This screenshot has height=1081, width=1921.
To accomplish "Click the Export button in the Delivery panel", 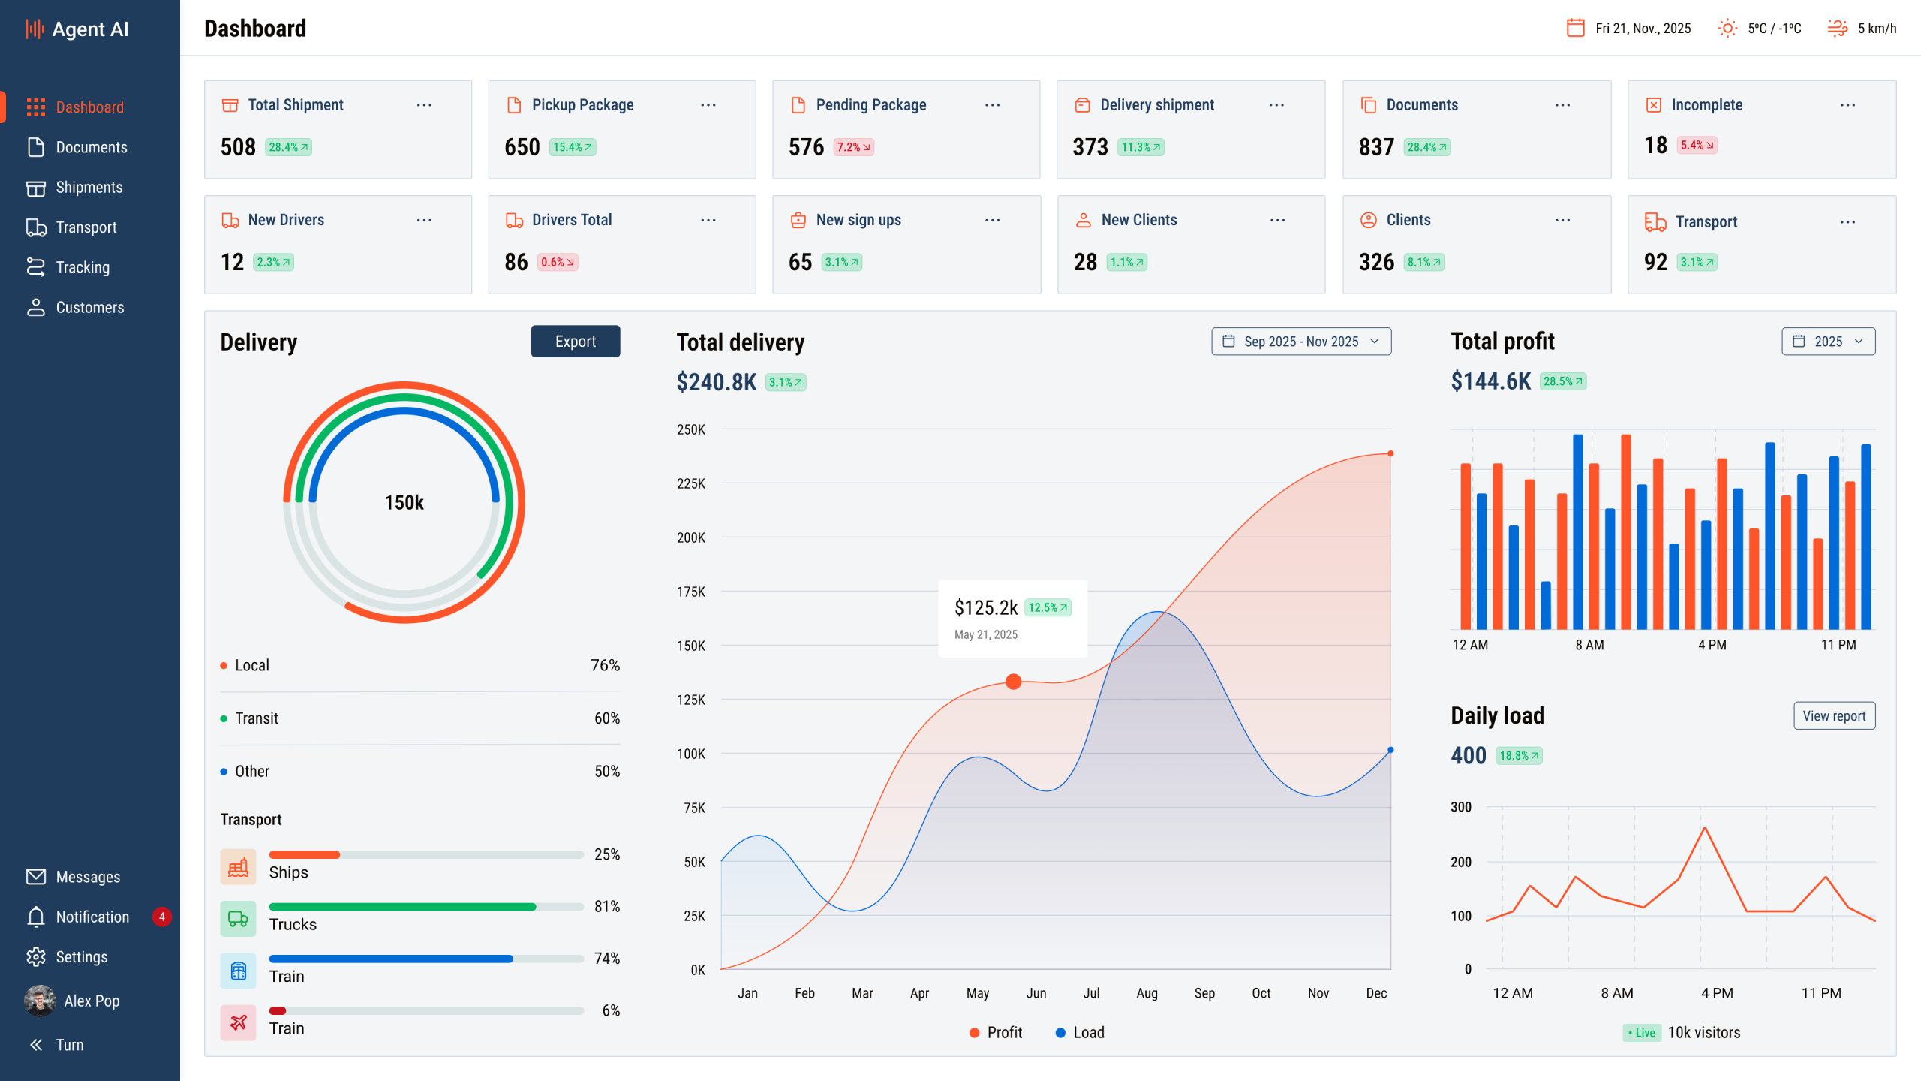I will pos(575,342).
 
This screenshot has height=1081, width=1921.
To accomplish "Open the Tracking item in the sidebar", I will pos(82,267).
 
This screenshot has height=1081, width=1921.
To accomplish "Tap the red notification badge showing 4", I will pos(161,917).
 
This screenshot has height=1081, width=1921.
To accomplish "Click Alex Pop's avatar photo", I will pos(40,1001).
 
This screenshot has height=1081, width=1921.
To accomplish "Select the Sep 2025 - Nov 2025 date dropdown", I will pos(1300,342).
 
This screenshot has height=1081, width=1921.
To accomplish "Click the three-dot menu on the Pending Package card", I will pos(992,105).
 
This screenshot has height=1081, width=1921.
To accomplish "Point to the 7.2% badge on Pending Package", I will pos(853,147).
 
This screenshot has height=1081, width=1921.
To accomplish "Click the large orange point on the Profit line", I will pos(1013,682).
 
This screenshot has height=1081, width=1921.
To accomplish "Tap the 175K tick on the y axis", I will pos(690,592).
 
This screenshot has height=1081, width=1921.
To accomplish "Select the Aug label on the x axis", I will pos(1147,993).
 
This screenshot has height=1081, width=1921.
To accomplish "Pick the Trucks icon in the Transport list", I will pos(238,919).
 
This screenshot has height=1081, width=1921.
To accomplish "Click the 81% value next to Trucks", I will pos(606,907).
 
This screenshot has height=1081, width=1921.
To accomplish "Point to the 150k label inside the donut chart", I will pos(404,503).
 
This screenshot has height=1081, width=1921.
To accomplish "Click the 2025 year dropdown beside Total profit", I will pos(1828,342).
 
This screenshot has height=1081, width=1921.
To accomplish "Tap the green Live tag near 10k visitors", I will pos(1641,1033).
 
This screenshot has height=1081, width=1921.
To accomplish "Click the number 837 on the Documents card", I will pos(1375,147).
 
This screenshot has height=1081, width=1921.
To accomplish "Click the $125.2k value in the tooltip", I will pos(985,607).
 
